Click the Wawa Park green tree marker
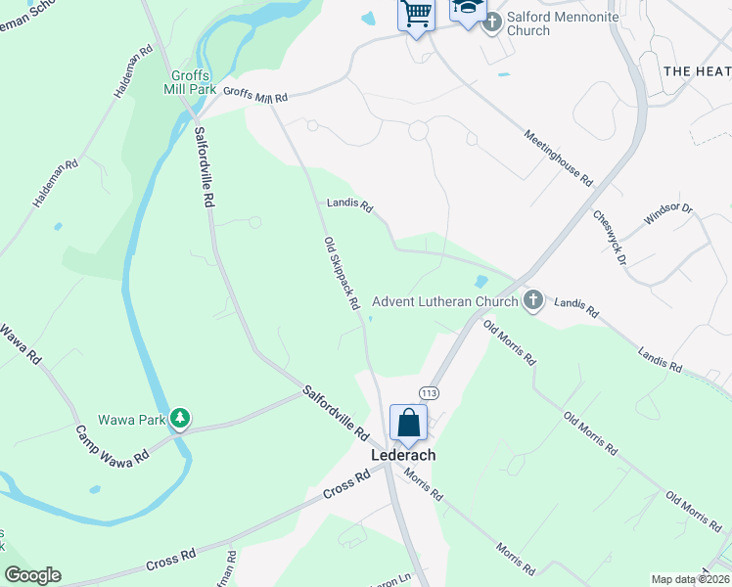pyautogui.click(x=179, y=419)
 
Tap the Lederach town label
pyautogui.click(x=402, y=455)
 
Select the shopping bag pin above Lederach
pyautogui.click(x=408, y=424)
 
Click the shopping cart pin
pyautogui.click(x=416, y=15)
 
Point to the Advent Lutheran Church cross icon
pyautogui.click(x=532, y=299)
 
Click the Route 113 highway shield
pyautogui.click(x=428, y=392)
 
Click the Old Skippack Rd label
pyautogui.click(x=343, y=273)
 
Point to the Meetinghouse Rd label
pyautogui.click(x=559, y=158)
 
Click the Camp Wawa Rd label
pyautogui.click(x=113, y=444)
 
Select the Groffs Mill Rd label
pyautogui.click(x=255, y=95)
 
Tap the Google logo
pyautogui.click(x=32, y=575)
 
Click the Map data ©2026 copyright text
pyautogui.click(x=689, y=579)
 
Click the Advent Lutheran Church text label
pyautogui.click(x=444, y=300)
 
